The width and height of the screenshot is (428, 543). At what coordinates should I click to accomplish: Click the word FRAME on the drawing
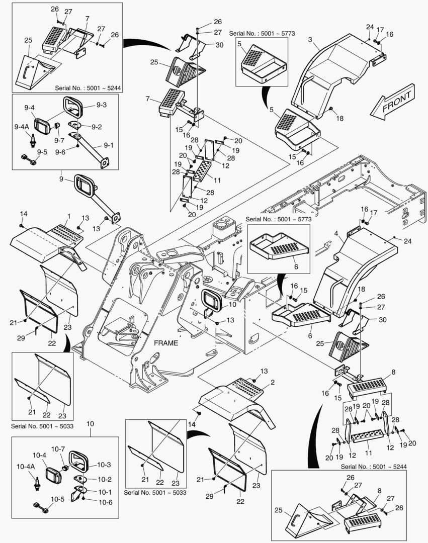point(165,342)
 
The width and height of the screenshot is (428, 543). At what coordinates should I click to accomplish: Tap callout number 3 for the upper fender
point(310,39)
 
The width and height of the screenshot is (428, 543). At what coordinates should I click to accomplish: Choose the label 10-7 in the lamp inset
point(58,448)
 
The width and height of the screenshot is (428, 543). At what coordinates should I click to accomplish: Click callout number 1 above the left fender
point(68,216)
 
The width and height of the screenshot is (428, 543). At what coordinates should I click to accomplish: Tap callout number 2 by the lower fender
point(272,382)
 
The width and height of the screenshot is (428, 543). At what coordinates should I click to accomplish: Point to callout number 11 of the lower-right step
point(369,452)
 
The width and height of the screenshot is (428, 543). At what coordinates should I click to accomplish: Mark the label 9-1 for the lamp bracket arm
point(108,145)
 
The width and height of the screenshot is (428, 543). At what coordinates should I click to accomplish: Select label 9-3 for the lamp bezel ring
point(102,105)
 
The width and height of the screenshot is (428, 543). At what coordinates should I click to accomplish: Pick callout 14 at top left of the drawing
point(22,214)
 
